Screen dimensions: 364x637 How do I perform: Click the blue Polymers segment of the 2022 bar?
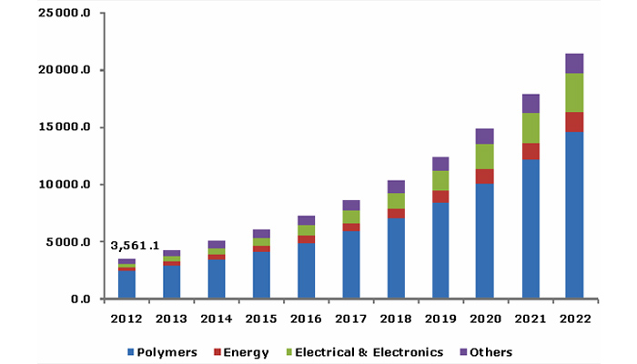(x=574, y=216)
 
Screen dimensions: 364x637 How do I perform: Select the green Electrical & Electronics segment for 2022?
(x=574, y=93)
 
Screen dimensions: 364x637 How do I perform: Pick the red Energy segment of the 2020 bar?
(x=484, y=176)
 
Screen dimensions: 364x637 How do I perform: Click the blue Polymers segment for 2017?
(x=350, y=265)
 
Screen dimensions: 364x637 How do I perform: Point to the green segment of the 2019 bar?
(x=440, y=180)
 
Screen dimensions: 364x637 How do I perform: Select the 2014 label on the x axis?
(x=216, y=319)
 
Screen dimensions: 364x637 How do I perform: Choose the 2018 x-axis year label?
(x=395, y=319)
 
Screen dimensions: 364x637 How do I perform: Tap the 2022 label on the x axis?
(x=574, y=319)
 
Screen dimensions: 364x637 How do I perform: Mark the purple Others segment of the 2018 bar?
(x=395, y=186)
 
